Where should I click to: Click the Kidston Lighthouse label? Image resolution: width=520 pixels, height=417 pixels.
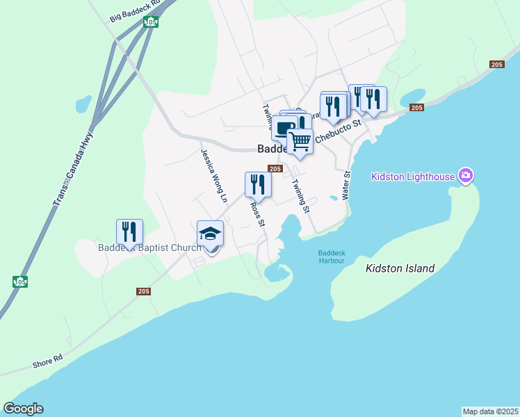(x=413, y=177)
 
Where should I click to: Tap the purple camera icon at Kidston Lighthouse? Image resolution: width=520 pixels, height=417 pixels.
(x=466, y=176)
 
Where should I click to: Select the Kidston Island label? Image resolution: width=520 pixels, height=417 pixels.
(x=400, y=268)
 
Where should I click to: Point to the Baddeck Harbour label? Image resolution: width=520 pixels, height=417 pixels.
(x=331, y=256)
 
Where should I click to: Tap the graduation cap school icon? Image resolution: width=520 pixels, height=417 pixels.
(x=210, y=233)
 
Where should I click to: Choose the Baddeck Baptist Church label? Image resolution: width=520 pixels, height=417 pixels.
(x=149, y=247)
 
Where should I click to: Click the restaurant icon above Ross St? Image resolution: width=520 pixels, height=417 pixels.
(x=258, y=184)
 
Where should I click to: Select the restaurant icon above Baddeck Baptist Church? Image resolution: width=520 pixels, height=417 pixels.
(x=129, y=231)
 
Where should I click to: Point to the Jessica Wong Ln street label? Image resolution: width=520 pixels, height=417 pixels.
(x=214, y=176)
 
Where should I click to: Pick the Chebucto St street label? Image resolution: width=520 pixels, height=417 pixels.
(x=339, y=131)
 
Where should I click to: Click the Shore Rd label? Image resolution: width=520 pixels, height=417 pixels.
(x=47, y=361)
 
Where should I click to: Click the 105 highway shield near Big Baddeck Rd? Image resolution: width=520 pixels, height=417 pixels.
(x=152, y=22)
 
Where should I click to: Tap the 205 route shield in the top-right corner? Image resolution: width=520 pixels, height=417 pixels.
(x=496, y=65)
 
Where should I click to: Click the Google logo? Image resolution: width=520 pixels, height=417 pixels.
(x=23, y=409)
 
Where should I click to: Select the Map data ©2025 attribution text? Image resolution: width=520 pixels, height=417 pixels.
(x=490, y=411)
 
